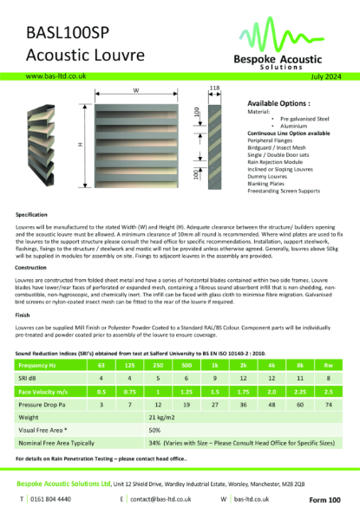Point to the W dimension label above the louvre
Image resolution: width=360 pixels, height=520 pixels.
pos(136,90)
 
